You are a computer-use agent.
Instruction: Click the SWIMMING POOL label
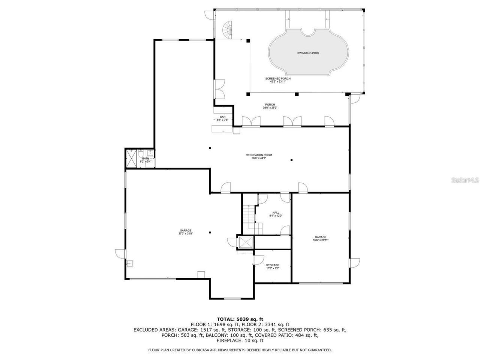[308, 53]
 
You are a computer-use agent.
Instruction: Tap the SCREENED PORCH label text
[278, 78]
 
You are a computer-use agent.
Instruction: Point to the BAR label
[223, 117]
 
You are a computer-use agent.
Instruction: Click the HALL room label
[276, 213]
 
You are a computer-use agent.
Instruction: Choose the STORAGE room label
[273, 265]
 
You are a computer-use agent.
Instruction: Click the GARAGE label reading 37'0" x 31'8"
[185, 231]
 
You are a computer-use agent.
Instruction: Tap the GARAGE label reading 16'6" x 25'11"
[321, 237]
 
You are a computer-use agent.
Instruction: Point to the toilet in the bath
[140, 154]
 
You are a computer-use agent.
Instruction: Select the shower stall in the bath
[131, 158]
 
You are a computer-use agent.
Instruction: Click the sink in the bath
[150, 153]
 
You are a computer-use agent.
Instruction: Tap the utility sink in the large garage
[130, 264]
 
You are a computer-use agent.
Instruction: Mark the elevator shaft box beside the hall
[246, 243]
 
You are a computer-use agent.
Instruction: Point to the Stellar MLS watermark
[465, 180]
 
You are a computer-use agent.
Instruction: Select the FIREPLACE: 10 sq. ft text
[240, 340]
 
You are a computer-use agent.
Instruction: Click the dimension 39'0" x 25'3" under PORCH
[270, 108]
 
